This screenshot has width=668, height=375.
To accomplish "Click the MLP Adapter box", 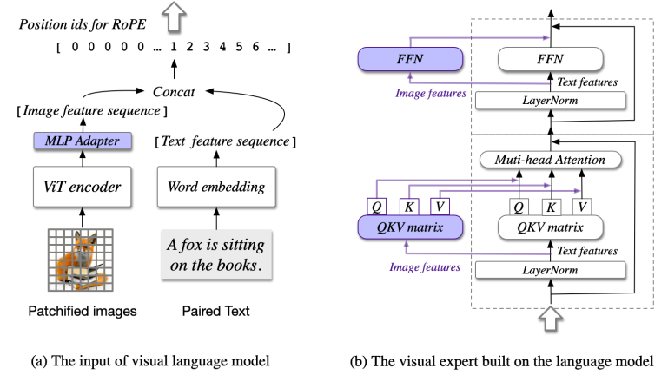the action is [x=83, y=141].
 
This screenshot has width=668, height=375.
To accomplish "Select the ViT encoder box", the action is [x=83, y=187].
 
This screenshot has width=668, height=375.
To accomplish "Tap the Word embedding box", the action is [x=216, y=187].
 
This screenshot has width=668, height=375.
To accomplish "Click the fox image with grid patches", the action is [x=81, y=260].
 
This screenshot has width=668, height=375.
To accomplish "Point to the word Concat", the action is [x=174, y=91].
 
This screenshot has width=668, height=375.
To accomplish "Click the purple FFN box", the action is [x=410, y=59].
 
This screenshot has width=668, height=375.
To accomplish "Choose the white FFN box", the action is [x=551, y=59].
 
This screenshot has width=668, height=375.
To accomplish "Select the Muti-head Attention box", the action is [x=551, y=160].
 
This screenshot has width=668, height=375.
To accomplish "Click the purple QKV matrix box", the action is [x=410, y=227].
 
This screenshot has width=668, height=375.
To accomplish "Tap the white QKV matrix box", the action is [x=551, y=227].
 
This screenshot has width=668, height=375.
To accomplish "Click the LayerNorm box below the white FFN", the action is [x=551, y=101].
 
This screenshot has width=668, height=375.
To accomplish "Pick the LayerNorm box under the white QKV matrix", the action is [x=551, y=270].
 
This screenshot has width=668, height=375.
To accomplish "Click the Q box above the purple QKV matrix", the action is [x=377, y=207].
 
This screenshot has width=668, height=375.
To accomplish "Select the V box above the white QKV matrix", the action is [x=582, y=207].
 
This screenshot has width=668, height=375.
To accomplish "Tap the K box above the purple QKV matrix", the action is [x=409, y=207].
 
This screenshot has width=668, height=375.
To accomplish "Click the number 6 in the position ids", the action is [x=255, y=46].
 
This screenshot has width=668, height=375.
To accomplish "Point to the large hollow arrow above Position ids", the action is [x=174, y=16].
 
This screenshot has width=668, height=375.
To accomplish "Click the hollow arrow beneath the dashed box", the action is [x=551, y=319].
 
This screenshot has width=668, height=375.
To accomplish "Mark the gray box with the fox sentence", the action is [x=216, y=255].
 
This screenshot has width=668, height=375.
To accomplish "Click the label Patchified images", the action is [x=83, y=311].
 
